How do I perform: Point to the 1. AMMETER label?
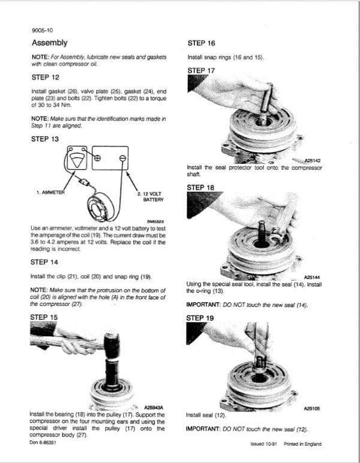click(x=51, y=193)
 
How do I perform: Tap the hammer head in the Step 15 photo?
click(x=113, y=342)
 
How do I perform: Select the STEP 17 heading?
click(x=201, y=70)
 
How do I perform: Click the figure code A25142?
click(x=313, y=161)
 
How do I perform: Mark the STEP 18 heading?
click(x=201, y=187)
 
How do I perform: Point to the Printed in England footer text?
click(x=301, y=444)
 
